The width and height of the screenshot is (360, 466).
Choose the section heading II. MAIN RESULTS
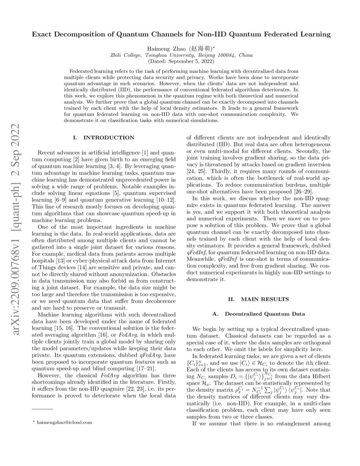point(259,299)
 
